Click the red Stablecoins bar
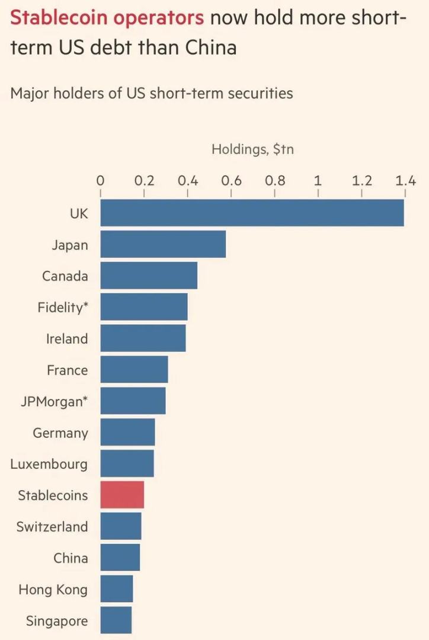[122, 495]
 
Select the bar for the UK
[252, 213]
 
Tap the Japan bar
[163, 245]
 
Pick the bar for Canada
[149, 276]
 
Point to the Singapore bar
[116, 620]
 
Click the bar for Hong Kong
[117, 589]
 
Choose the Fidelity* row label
[62, 308]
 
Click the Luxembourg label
[49, 464]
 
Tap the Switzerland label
[52, 527]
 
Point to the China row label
[71, 558]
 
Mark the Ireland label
[67, 339]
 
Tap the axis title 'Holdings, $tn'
[252, 149]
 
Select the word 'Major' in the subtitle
[30, 93]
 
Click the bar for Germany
[127, 433]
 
